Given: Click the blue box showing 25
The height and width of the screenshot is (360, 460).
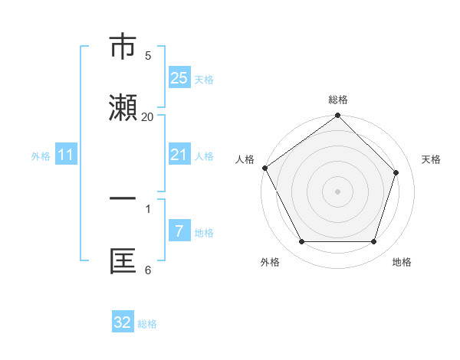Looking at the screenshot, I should point(179,78).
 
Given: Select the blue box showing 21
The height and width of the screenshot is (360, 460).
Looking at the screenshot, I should point(179,155).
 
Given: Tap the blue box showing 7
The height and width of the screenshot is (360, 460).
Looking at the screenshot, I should point(179,231).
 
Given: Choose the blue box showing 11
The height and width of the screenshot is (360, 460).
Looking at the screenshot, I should point(65,155).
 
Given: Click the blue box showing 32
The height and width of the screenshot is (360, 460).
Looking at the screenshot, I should point(123,322).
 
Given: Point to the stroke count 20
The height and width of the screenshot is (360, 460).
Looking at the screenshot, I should point(148,117).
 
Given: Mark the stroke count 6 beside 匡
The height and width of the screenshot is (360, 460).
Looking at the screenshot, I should point(148,270).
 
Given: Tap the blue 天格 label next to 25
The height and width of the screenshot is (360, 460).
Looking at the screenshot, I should point(204,79).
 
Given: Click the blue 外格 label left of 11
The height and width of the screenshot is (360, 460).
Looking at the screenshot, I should point(41,156).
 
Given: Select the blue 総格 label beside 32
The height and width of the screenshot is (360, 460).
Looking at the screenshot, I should point(147,324).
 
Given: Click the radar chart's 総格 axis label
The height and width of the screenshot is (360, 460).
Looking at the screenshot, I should point(337,100).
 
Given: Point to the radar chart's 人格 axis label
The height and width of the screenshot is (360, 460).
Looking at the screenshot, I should point(245,159).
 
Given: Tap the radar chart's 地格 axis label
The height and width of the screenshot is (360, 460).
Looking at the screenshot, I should point(402,263).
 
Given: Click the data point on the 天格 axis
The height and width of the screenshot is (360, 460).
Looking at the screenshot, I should point(396,172).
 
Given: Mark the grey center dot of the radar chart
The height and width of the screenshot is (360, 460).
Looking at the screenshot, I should point(337,191).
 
